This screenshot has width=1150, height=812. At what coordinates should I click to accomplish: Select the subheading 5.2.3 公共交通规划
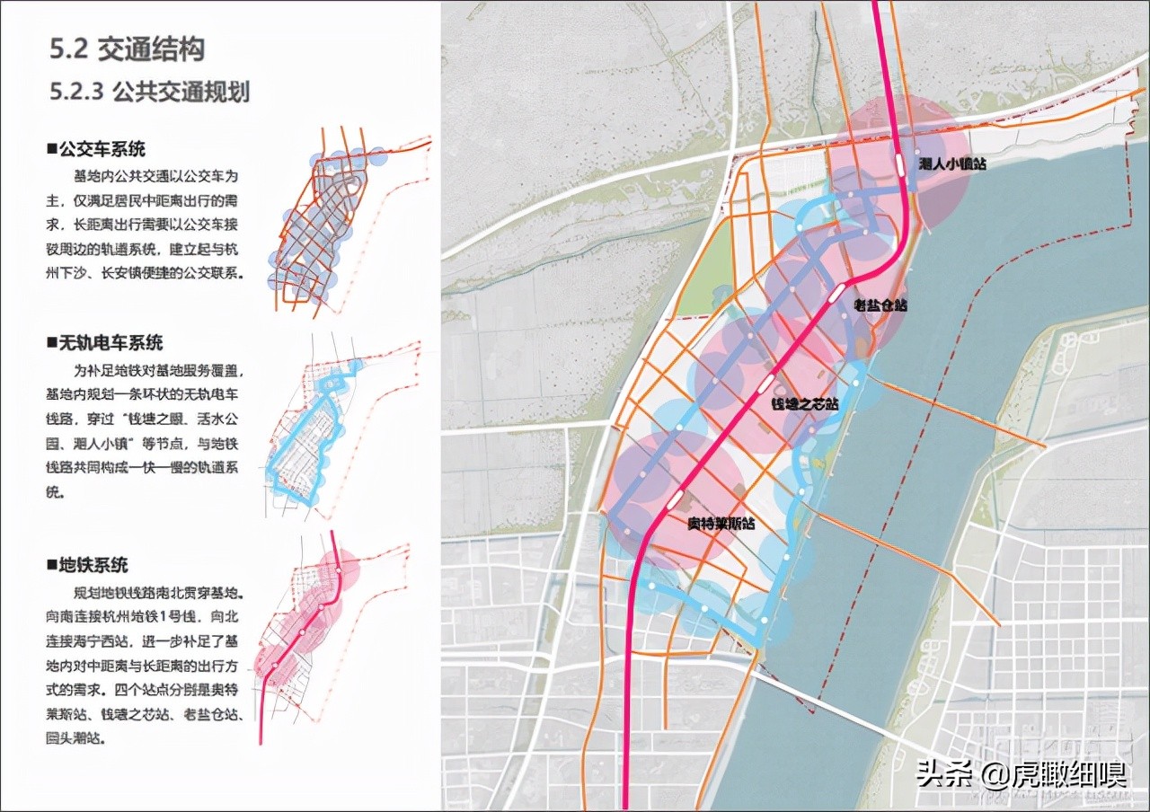tap(150, 92)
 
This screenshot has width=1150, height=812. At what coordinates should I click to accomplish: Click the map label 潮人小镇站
tap(954, 164)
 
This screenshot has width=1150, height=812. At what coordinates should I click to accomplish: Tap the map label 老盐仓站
tap(880, 305)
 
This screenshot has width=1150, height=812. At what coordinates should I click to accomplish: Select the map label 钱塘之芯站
tap(805, 405)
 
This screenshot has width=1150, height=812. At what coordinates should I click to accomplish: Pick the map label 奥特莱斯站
tap(721, 525)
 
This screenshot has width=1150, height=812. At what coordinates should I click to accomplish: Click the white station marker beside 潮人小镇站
tap(899, 165)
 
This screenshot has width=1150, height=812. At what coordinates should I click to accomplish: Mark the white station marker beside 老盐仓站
tap(835, 292)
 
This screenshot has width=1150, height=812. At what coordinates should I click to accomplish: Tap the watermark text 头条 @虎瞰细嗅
tap(1021, 773)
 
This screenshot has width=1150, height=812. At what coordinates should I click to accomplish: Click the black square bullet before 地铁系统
tap(52, 566)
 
